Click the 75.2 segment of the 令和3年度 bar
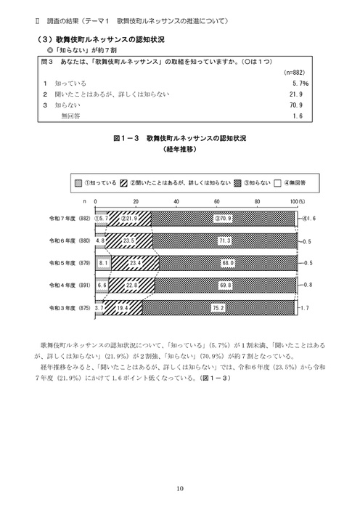pyautogui.click(x=218, y=308)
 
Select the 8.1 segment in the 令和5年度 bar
pyautogui.click(x=102, y=262)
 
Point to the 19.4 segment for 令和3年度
pyautogui.click(x=123, y=308)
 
